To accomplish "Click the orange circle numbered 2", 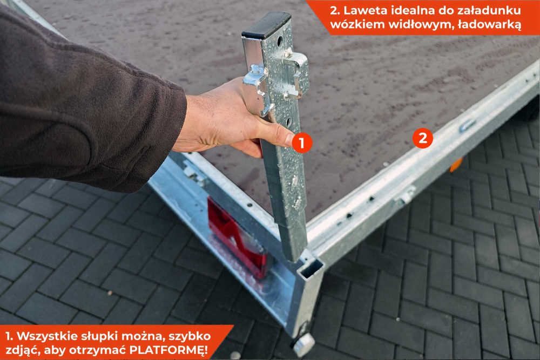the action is pyautogui.click(x=423, y=138).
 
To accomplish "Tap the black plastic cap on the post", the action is pyautogui.click(x=266, y=25).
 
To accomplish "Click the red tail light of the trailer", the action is pyautogui.click(x=238, y=237).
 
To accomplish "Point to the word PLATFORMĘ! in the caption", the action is pyautogui.click(x=168, y=350).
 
